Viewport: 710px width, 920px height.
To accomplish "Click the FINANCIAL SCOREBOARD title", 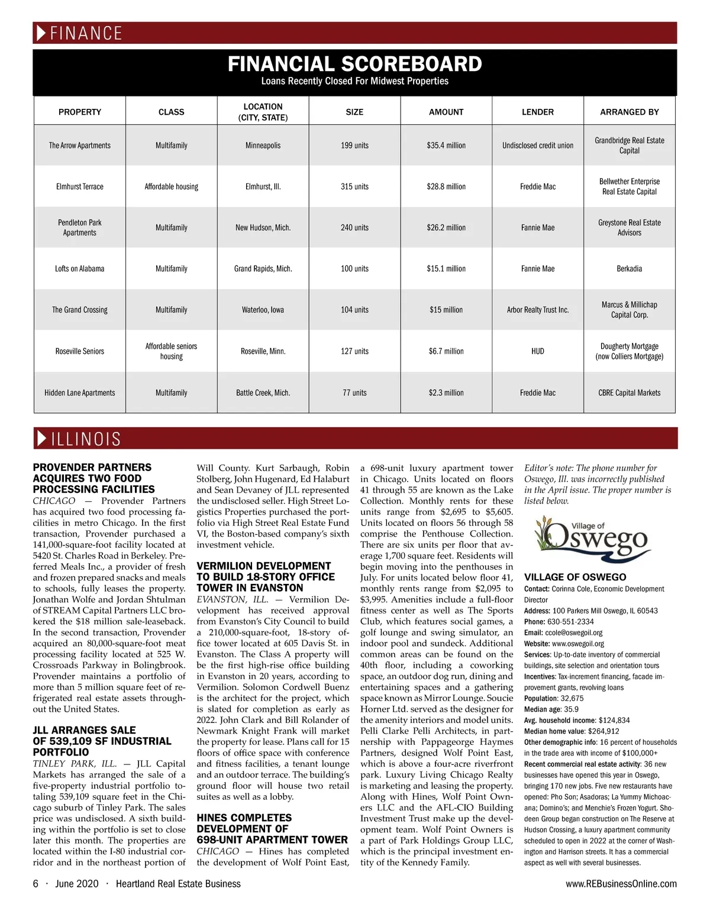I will [354, 64].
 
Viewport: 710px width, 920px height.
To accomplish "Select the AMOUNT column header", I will [446, 112].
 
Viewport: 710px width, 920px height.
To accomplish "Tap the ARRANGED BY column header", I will [629, 112].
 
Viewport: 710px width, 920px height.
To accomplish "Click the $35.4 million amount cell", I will [446, 146].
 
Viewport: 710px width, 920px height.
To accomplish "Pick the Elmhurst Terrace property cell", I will [80, 187].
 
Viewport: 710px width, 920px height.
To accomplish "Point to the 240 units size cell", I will [354, 228].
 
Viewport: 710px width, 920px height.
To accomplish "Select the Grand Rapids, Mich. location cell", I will [263, 269].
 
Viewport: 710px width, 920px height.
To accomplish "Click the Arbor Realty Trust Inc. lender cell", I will [537, 310].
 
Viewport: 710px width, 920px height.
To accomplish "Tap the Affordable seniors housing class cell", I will [171, 351].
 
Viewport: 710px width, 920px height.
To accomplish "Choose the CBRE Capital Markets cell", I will [629, 393].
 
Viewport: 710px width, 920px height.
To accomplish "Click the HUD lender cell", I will [537, 351].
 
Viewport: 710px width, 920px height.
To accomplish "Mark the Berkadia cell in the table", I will [629, 269].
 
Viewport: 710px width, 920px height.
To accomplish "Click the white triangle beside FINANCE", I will [41, 33].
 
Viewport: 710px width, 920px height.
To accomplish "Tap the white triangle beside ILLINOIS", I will [41, 438].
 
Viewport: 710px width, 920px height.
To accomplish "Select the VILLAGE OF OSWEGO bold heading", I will [575, 577].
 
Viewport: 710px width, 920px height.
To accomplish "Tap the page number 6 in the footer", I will [35, 884].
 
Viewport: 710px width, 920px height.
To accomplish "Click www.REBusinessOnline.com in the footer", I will [621, 884].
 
